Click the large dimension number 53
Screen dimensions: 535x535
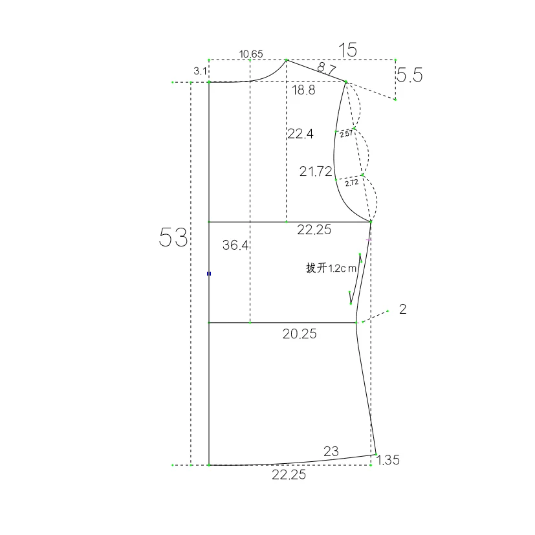coord(173,237)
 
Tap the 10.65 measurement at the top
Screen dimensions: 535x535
coord(251,54)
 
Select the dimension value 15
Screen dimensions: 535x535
coord(347,50)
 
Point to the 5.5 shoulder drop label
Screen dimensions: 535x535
coord(409,75)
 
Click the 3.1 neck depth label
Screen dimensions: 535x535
coord(201,71)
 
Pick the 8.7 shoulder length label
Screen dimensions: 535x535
coord(327,68)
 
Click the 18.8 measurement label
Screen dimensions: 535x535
coord(303,90)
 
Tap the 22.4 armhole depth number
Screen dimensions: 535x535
coord(300,134)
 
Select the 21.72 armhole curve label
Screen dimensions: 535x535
coord(316,171)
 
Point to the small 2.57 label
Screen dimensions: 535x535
coord(346,133)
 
